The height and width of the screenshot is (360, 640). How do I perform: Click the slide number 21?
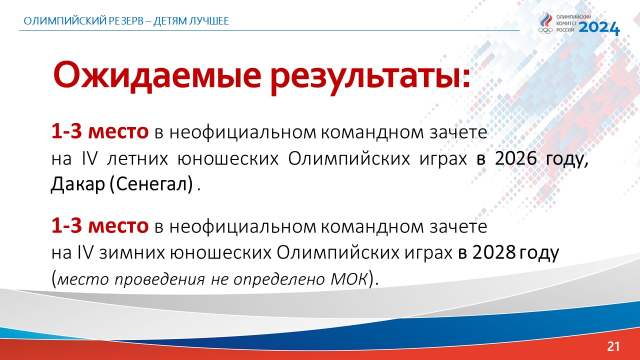coord(613,346)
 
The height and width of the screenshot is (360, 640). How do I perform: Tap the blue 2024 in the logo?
coord(599,28)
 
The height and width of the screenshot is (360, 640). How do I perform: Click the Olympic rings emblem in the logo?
coord(545,30)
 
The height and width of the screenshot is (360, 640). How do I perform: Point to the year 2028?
coord(493,252)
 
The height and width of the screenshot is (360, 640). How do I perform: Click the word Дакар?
coord(78,183)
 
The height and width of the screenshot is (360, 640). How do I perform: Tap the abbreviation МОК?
coord(348,278)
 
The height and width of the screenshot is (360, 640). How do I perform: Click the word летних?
coord(137,159)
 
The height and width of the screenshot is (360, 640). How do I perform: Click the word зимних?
coord(132,253)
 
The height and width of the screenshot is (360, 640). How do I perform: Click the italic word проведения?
coord(159,279)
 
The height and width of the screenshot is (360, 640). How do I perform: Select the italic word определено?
coord(279,279)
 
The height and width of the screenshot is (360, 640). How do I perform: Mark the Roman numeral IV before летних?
coord(89,158)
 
